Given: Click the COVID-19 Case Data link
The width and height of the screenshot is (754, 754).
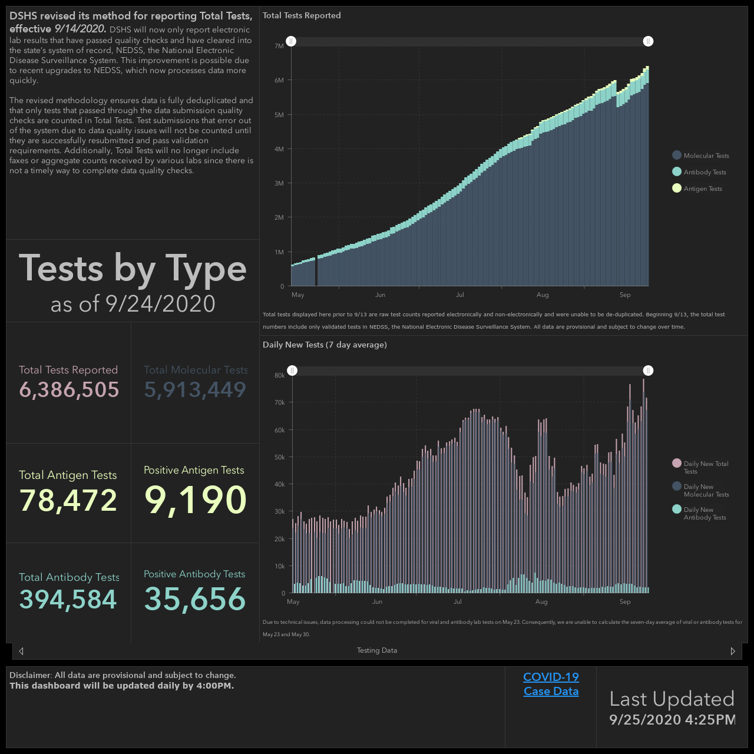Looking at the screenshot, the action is click(551, 683).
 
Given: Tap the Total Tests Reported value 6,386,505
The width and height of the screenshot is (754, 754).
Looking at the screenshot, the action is click(69, 390).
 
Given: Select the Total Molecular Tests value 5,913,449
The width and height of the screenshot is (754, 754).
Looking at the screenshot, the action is click(195, 390).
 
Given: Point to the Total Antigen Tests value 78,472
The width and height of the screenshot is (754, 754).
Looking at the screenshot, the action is click(68, 501).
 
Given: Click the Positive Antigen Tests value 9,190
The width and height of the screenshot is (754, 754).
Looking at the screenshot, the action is click(195, 500).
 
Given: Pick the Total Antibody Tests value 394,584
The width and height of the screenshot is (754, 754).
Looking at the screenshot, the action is click(68, 600).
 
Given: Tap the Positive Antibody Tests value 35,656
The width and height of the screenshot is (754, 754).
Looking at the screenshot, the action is click(195, 599).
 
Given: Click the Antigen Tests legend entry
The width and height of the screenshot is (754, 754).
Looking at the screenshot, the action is click(697, 188).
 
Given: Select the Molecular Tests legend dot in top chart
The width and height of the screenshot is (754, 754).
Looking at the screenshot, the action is click(676, 156).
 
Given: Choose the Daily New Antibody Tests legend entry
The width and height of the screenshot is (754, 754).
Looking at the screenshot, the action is click(699, 513).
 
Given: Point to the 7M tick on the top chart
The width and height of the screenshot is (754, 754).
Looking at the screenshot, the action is click(279, 46).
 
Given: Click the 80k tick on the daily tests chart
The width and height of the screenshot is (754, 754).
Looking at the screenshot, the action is click(280, 375).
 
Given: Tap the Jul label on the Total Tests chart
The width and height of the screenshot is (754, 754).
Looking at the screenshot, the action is click(459, 295).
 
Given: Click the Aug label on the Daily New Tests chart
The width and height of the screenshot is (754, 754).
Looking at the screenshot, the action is click(541, 601).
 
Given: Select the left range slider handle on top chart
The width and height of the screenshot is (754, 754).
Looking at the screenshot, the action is click(291, 41).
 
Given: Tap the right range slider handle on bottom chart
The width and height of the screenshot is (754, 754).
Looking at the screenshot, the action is click(648, 371).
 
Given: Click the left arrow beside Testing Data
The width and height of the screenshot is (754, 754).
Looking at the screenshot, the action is click(21, 651).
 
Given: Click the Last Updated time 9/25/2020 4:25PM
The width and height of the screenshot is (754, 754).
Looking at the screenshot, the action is click(672, 719).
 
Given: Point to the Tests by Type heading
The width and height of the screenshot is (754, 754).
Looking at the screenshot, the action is click(133, 269).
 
